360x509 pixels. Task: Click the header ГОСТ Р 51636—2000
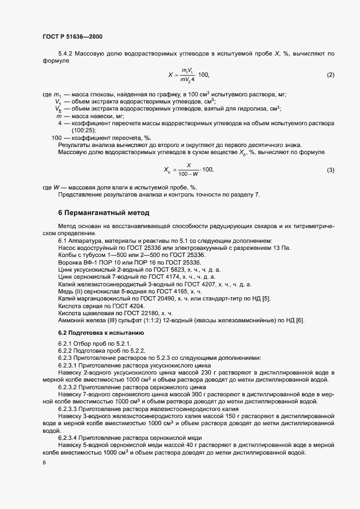[72, 36]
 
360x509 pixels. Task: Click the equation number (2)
[330, 74]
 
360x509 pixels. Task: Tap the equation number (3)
[330, 170]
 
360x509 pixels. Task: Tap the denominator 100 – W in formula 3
[188, 174]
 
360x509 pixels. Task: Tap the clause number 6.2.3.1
[67, 365]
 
